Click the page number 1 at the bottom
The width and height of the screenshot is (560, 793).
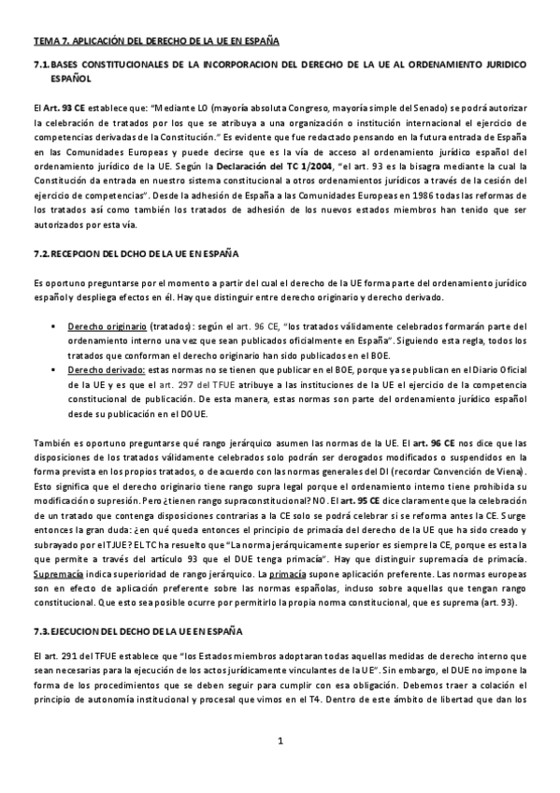tap(280, 770)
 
